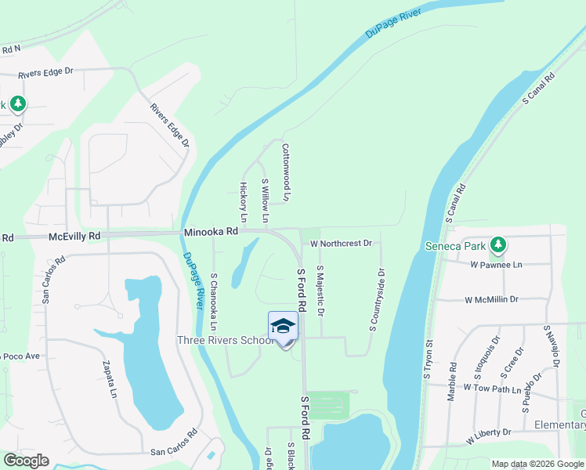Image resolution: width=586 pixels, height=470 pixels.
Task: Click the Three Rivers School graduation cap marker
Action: [283, 327]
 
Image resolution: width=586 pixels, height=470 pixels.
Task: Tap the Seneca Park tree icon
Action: [497, 245]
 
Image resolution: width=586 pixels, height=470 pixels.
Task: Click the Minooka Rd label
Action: [211, 232]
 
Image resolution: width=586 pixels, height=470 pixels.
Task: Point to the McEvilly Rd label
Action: [74, 236]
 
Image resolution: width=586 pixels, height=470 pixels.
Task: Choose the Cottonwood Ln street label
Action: [286, 172]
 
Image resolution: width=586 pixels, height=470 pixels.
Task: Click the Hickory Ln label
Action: [243, 202]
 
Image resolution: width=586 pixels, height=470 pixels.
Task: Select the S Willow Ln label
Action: [265, 200]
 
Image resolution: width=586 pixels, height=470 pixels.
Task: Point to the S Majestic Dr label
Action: [320, 290]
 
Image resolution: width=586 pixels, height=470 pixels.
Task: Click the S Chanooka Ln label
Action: [213, 301]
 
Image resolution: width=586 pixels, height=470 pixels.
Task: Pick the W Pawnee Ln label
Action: [496, 265]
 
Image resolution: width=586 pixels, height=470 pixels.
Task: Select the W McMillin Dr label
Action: [491, 299]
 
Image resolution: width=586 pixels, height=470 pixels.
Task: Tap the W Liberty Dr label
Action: [487, 432]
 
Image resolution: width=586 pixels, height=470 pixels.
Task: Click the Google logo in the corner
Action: [26, 461]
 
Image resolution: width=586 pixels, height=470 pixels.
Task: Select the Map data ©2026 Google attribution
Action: [537, 464]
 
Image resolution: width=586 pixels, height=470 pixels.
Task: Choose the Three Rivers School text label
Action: [225, 340]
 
